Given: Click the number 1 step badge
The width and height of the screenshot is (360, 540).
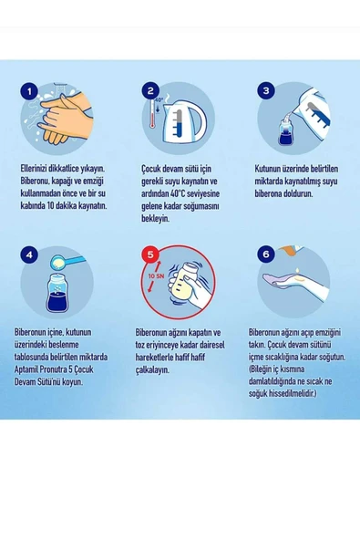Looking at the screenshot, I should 30,91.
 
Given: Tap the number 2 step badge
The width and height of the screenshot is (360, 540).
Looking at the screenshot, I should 150,90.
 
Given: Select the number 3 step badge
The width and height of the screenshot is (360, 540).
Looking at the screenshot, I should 266,90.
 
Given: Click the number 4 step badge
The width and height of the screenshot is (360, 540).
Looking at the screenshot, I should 30,254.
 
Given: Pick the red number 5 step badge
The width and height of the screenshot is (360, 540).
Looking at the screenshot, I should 150,254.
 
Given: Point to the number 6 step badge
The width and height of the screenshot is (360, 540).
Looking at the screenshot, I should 266,254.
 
